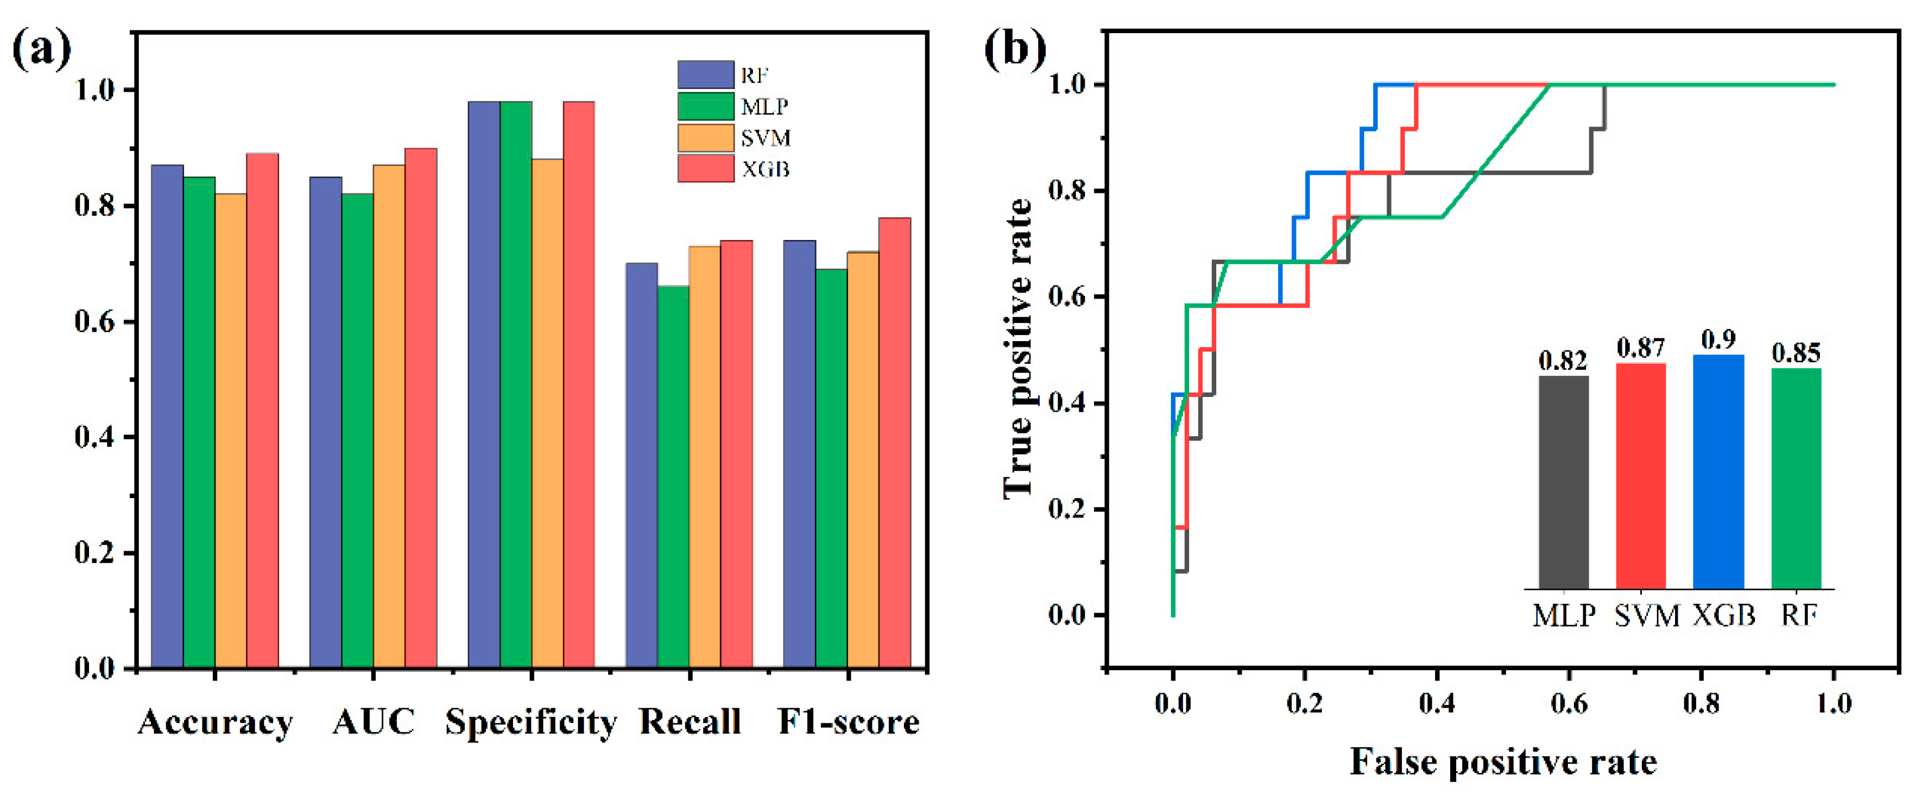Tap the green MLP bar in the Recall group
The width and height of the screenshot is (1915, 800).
[673, 477]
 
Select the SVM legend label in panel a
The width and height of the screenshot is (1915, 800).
[765, 138]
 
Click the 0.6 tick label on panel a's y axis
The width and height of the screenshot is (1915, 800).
[95, 322]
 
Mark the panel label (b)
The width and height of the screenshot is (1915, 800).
[1015, 50]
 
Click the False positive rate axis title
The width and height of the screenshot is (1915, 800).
[1503, 762]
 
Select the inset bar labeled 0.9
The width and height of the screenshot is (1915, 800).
[1718, 472]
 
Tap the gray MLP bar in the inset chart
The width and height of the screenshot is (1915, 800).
[1563, 483]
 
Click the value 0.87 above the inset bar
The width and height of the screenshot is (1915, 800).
[1641, 347]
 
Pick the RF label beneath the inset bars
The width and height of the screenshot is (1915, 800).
[1798, 615]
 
